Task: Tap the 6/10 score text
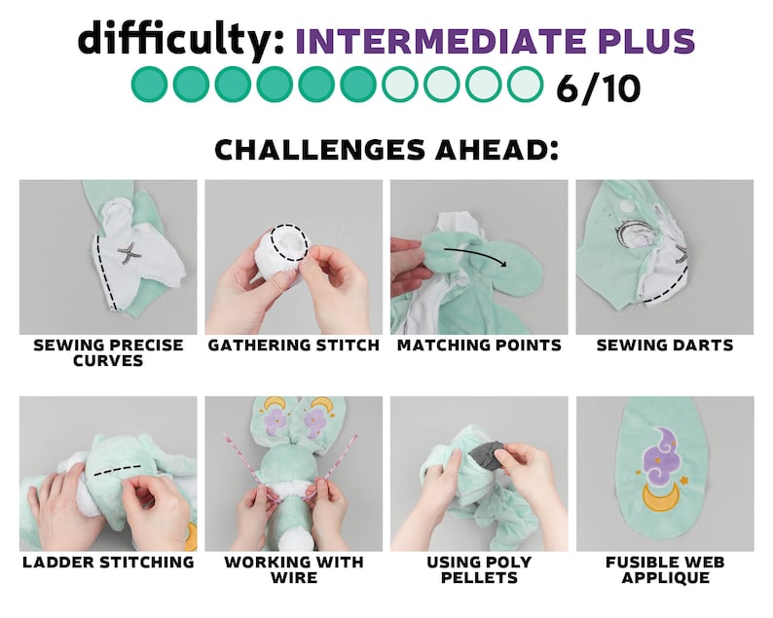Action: (599, 88)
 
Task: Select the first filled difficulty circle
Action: (149, 85)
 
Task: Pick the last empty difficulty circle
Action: (525, 85)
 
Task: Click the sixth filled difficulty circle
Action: (358, 85)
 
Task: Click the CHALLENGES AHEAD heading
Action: (387, 149)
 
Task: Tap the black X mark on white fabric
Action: (128, 253)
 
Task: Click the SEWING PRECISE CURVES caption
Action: (108, 353)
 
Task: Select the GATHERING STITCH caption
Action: (294, 345)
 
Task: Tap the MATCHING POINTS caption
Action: (479, 345)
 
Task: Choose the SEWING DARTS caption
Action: (665, 345)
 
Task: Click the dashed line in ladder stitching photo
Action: (118, 470)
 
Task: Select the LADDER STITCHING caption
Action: (108, 562)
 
